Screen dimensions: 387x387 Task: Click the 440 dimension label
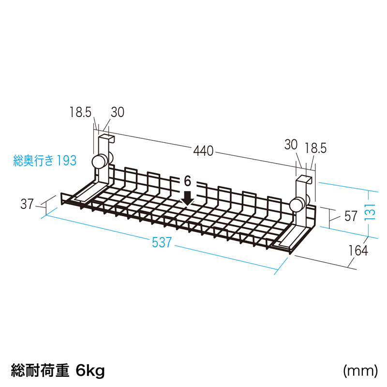[203, 151]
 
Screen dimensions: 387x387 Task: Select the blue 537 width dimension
[162, 242]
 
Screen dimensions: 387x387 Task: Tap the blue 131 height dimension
[370, 212]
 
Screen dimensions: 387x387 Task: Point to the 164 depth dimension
[358, 251]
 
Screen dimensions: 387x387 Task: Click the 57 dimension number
[351, 216]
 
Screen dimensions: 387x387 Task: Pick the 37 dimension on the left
[27, 204]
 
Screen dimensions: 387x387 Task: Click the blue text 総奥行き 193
[45, 161]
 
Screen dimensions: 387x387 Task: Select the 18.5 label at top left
[80, 112]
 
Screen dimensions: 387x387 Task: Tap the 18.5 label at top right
[315, 149]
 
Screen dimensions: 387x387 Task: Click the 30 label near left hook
[118, 112]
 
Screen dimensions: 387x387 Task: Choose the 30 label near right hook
[291, 144]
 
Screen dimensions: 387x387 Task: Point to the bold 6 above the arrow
[188, 181]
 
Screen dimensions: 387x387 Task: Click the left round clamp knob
[100, 162]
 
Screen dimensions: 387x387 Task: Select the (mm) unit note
[360, 371]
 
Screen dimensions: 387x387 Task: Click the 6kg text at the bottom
[90, 371]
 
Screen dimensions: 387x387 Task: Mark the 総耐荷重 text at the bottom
[40, 371]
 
